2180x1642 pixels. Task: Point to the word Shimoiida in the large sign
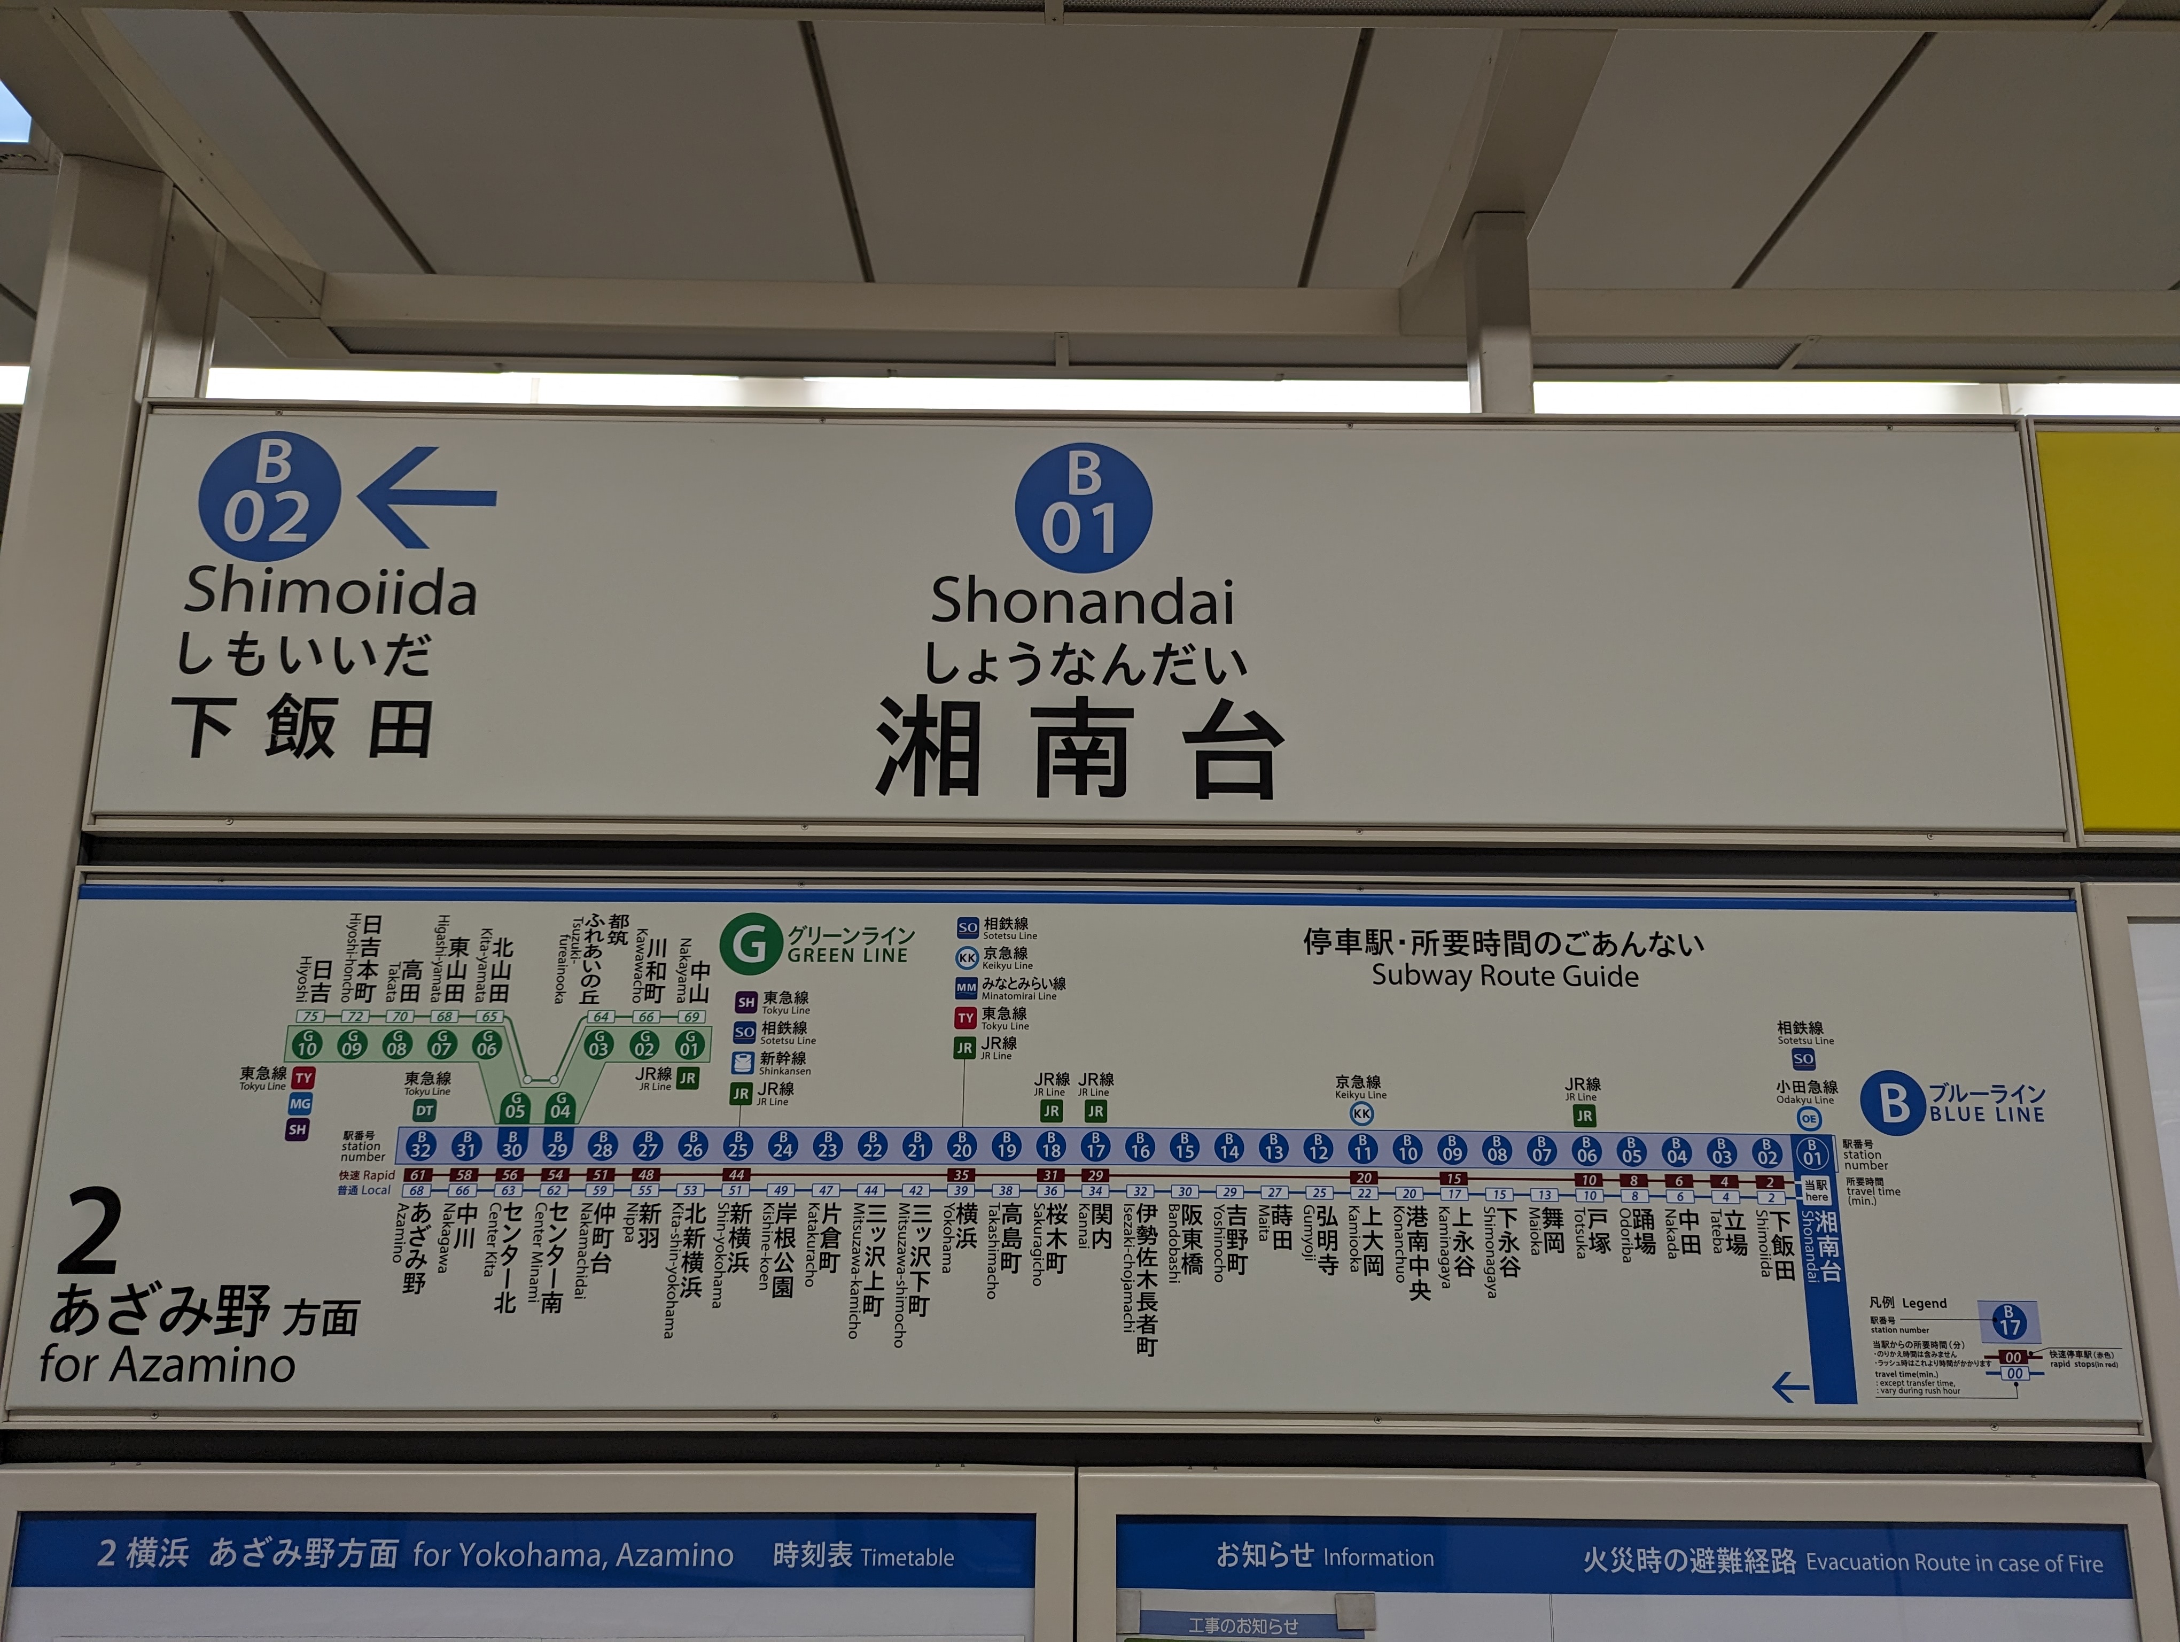click(330, 591)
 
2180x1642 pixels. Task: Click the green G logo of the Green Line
click(751, 943)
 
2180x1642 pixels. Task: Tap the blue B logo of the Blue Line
click(1891, 1103)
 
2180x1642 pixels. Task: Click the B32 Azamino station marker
click(421, 1145)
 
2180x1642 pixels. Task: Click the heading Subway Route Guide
click(1505, 975)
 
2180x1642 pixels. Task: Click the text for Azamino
click(168, 1365)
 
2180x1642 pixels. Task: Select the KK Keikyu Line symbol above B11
click(1361, 1114)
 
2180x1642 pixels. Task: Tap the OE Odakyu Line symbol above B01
click(1809, 1119)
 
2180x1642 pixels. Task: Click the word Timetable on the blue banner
click(907, 1557)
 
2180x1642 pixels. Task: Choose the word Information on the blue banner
click(1378, 1557)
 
